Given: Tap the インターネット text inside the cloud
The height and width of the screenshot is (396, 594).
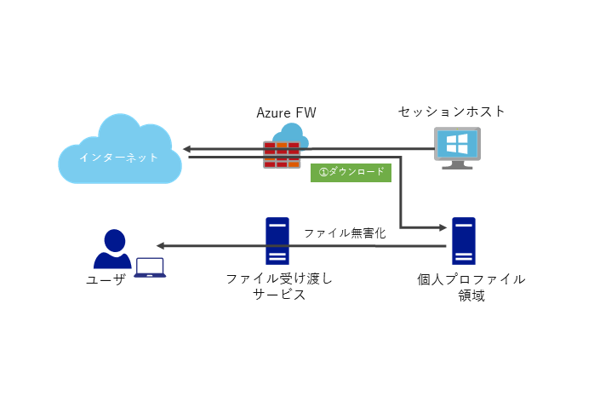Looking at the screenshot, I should pos(118,158).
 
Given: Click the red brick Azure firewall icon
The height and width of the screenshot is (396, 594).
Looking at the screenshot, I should pos(282,154).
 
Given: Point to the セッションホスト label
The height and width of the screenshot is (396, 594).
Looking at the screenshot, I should pos(452,112).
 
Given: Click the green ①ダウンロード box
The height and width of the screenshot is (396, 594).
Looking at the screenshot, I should pos(350,171).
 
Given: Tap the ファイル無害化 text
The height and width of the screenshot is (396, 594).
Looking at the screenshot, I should pos(345,232).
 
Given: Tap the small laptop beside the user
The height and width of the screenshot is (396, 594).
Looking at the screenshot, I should pos(150,267).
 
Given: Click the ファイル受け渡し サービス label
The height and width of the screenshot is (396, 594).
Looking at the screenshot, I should pos(279,286).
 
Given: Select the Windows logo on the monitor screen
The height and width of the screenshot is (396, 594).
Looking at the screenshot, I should pos(457,142).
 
